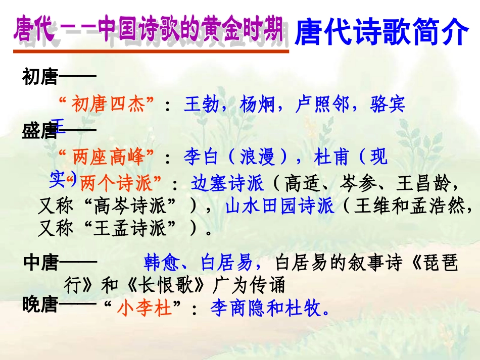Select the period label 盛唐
pos(39,132)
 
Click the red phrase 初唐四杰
pos(108,105)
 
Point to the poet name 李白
pos(201,158)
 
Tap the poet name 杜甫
pos(331,158)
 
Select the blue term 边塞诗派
pos(227,183)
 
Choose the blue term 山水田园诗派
pos(279,207)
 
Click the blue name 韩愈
pos(161,263)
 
